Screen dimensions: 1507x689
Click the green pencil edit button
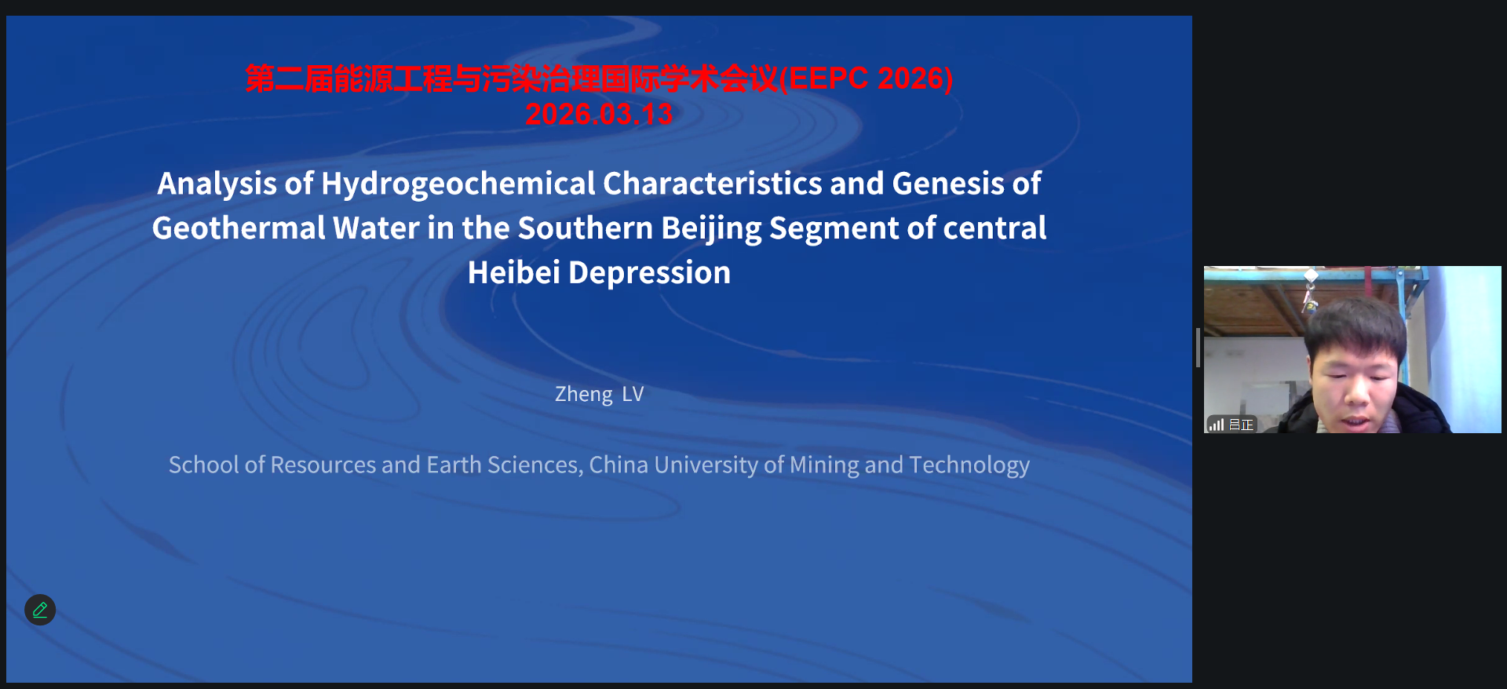pyautogui.click(x=40, y=610)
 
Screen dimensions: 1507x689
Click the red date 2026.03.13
pyautogui.click(x=599, y=115)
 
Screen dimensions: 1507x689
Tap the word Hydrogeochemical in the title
pyautogui.click(x=458, y=184)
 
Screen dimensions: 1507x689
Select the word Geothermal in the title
pyautogui.click(x=239, y=228)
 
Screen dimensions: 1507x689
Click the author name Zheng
pyautogui.click(x=583, y=395)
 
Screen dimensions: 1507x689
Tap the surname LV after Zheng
pyautogui.click(x=633, y=394)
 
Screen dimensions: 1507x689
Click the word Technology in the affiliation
pyautogui.click(x=969, y=465)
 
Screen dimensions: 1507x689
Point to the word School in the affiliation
pyautogui.click(x=204, y=465)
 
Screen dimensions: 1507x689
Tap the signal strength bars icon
pyautogui.click(x=1217, y=425)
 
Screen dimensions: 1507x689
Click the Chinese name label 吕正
pyautogui.click(x=1241, y=425)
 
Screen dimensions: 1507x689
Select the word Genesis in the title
pyautogui.click(x=948, y=184)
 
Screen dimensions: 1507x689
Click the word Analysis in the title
pyautogui.click(x=217, y=184)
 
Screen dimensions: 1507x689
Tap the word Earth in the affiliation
pyautogui.click(x=454, y=465)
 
